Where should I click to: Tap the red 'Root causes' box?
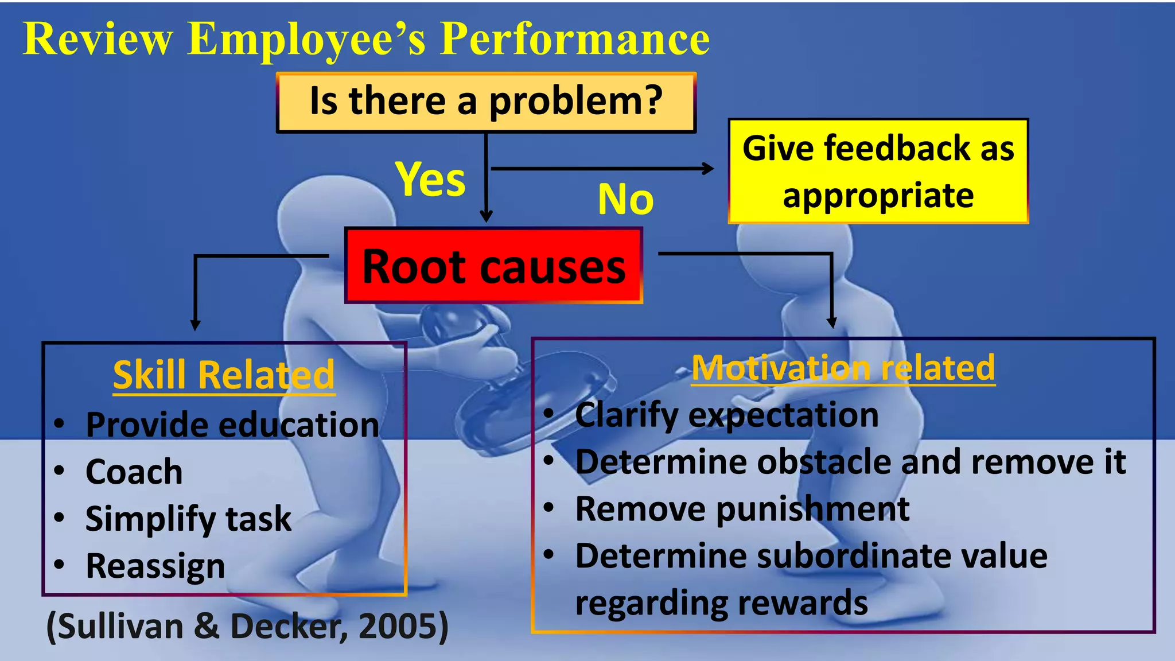(493, 266)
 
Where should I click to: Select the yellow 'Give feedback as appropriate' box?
(878, 171)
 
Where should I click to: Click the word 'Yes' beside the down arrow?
(430, 179)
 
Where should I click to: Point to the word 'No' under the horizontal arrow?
(625, 200)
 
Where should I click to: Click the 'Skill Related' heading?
(224, 375)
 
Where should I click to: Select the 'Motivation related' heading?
(843, 368)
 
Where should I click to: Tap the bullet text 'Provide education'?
(232, 425)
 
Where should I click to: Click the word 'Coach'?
(134, 472)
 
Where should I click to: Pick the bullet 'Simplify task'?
(188, 519)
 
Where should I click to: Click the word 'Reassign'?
(155, 566)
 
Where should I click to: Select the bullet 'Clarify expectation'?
(726, 415)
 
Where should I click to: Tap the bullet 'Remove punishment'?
(742, 509)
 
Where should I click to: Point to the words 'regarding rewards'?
(721, 603)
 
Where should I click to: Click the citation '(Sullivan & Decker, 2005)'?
(247, 626)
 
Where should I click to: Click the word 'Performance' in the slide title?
(575, 39)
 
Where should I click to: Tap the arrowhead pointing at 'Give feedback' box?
(709, 169)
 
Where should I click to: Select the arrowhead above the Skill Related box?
(195, 325)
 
